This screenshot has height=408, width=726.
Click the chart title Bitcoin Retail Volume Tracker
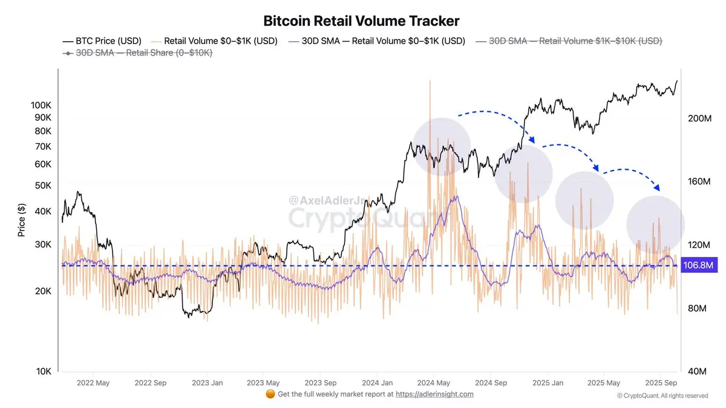[361, 21]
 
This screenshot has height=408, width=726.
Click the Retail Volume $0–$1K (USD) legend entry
[215, 41]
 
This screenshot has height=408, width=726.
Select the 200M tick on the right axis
[699, 118]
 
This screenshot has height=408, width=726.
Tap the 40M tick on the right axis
[699, 372]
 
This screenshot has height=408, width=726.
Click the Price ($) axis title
[22, 220]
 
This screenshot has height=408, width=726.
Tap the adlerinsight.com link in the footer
[434, 394]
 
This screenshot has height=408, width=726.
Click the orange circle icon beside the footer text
[270, 394]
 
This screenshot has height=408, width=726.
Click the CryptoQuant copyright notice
[662, 396]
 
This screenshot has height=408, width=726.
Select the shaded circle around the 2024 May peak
[441, 147]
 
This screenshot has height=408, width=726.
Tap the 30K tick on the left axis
[42, 245]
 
